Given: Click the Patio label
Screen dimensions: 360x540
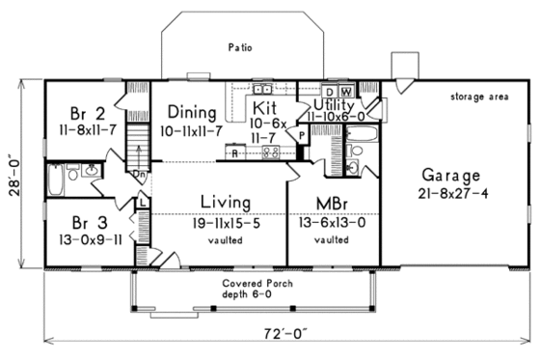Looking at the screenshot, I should (x=239, y=45).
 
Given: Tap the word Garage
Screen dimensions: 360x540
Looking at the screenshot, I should (x=450, y=176).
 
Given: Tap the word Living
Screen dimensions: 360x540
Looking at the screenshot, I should (x=227, y=202).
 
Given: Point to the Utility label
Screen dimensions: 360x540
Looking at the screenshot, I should (x=334, y=104).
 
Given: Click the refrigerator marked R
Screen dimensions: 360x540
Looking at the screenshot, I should (x=235, y=152).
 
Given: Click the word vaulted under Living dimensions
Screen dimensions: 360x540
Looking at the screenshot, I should (x=227, y=239).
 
